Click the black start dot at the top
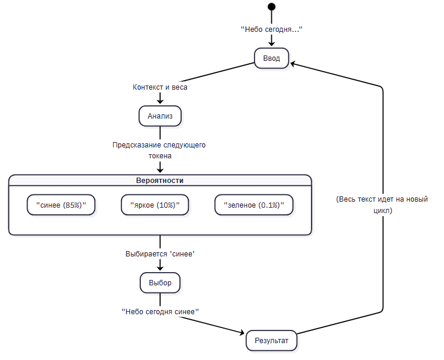pos(271,7)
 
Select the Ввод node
pos(271,58)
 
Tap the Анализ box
pos(160,116)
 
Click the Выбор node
pos(160,283)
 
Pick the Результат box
pos(271,341)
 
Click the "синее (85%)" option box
pos(61,205)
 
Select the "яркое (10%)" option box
pos(155,205)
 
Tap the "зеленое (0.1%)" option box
pos(254,205)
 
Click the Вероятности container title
pos(159,181)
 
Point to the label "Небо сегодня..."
pos(271,29)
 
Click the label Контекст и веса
pos(160,87)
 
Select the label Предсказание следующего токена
pos(159,150)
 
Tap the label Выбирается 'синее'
pos(160,254)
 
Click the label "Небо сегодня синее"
pos(160,312)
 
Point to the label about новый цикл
pos(382,205)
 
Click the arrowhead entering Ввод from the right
pos(294,64)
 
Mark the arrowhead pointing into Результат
pos(241,332)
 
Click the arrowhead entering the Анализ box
pos(160,101)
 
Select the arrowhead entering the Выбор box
pos(160,268)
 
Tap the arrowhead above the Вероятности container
pos(160,170)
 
